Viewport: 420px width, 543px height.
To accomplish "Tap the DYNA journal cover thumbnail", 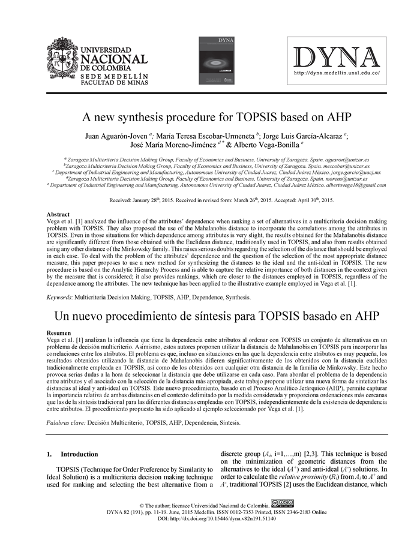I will click(217, 59).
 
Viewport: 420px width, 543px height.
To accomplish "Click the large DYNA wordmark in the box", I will click(337, 56).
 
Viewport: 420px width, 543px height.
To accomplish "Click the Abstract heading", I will click(59, 214).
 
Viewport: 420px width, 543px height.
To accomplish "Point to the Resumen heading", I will click(60, 332).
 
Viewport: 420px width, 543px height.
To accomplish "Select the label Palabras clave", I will click(66, 422).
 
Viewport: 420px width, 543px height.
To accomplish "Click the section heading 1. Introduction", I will click(72, 454).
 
